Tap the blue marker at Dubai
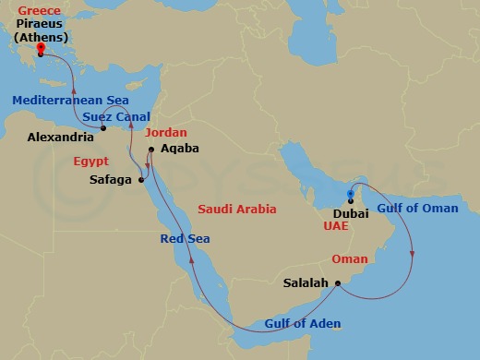click(x=350, y=195)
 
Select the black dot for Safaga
click(x=141, y=180)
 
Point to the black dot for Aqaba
click(x=151, y=149)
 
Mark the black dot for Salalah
click(x=338, y=282)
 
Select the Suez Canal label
click(x=116, y=117)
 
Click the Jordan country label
click(x=166, y=132)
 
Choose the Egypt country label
click(x=91, y=161)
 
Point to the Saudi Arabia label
click(x=238, y=210)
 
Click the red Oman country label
click(x=368, y=259)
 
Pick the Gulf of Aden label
click(x=303, y=323)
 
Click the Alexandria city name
click(x=62, y=137)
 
